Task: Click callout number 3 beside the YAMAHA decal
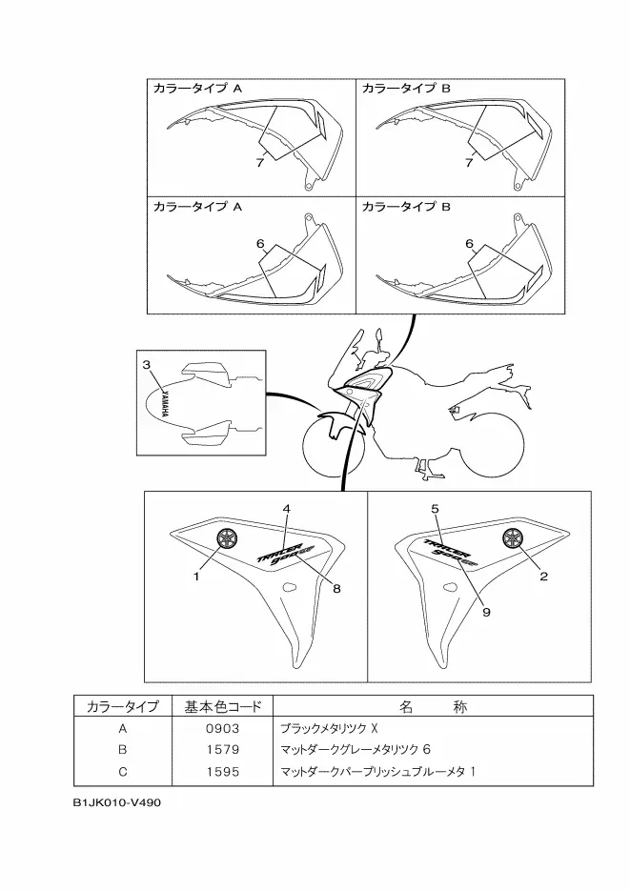tap(147, 365)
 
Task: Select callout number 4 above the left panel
tap(286, 510)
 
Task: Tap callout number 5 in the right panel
tap(435, 510)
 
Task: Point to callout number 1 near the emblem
tap(197, 577)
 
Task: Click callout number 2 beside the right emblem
tap(544, 576)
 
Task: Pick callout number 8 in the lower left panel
tap(336, 588)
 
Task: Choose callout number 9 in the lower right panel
tap(486, 613)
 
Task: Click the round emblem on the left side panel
tap(228, 537)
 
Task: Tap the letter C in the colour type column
tap(122, 771)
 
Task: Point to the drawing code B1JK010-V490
tap(117, 802)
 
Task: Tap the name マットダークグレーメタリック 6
tap(356, 749)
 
